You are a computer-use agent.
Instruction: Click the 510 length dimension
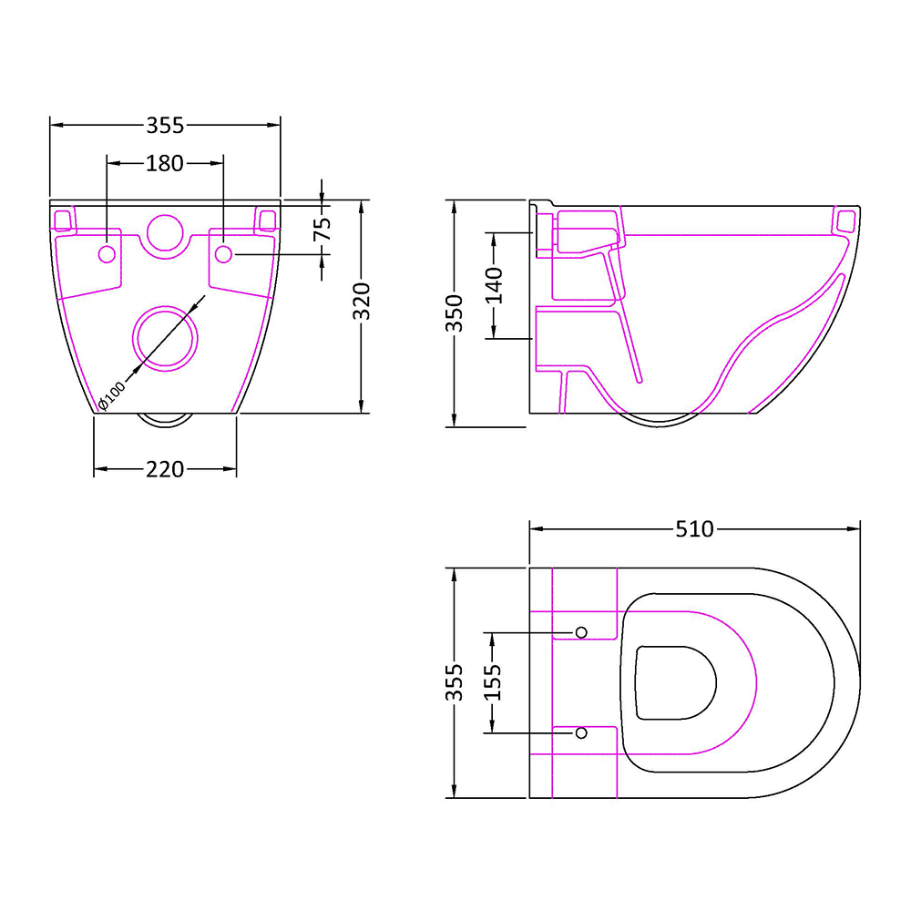[x=694, y=528]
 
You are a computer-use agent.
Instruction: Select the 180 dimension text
[x=165, y=164]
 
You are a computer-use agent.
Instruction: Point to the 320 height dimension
[x=362, y=302]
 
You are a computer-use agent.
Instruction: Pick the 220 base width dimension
[x=165, y=469]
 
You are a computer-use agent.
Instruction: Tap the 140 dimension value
[x=493, y=285]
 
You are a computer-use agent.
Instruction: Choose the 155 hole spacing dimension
[x=493, y=682]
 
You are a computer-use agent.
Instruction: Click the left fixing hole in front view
[x=107, y=254]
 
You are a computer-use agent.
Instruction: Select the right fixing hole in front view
[x=223, y=254]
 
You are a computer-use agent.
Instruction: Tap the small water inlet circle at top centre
[x=165, y=232]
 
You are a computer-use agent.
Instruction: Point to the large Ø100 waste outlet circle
[x=165, y=337]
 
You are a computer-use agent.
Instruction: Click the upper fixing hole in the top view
[x=581, y=632]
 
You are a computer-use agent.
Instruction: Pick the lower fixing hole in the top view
[x=581, y=732]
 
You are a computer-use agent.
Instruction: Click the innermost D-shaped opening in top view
[x=674, y=682]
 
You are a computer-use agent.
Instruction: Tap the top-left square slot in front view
[x=63, y=220]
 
